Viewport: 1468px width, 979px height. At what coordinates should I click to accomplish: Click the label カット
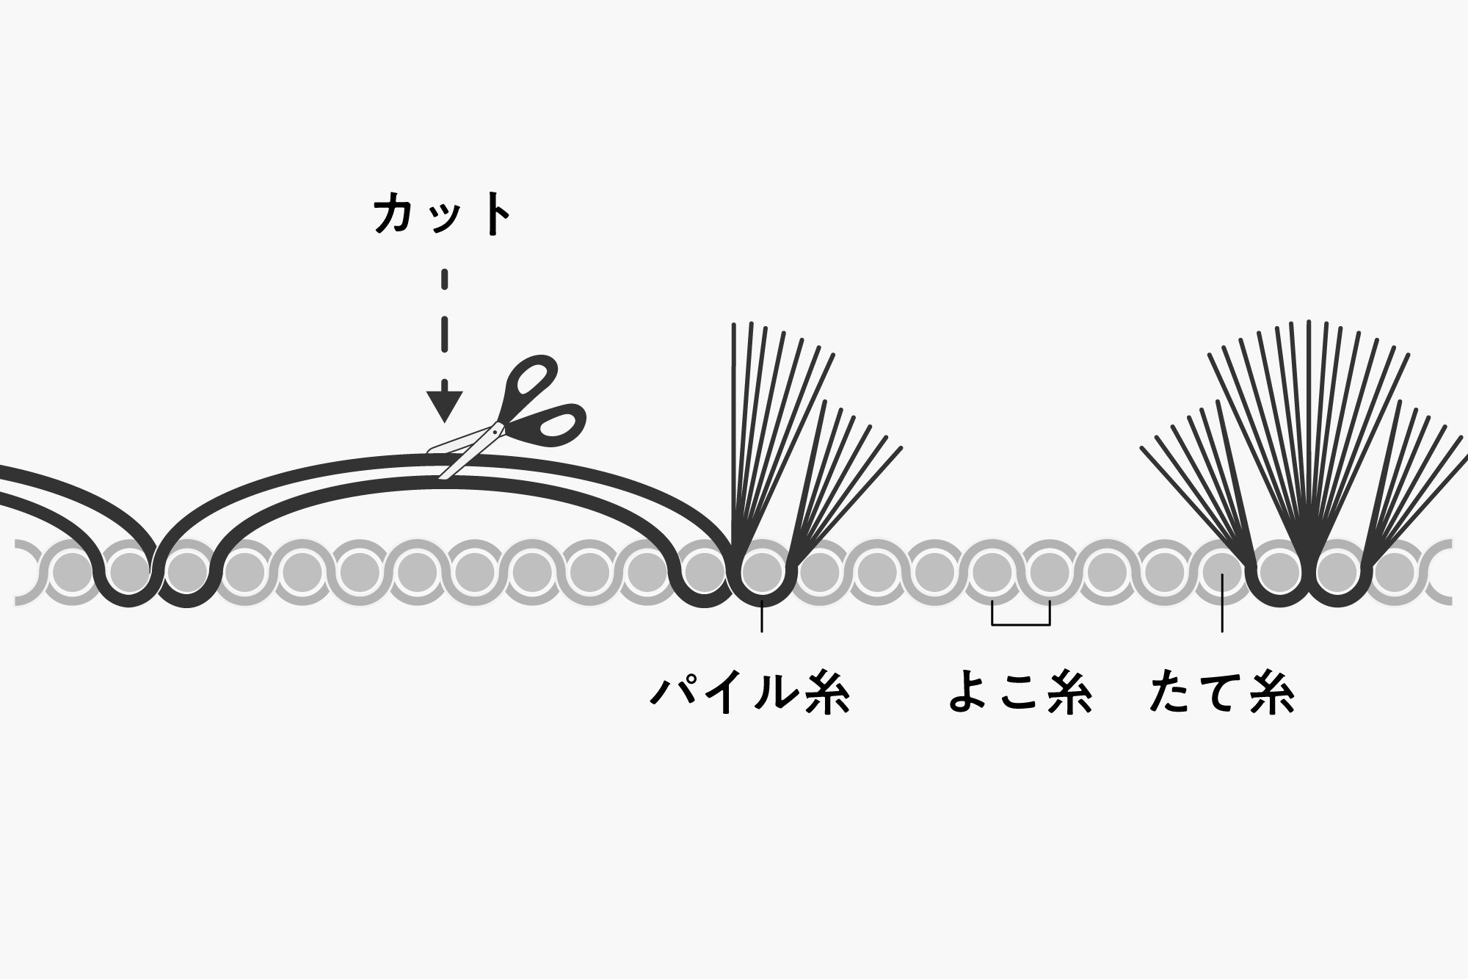(x=443, y=214)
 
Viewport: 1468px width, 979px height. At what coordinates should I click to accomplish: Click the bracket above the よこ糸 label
(x=1021, y=624)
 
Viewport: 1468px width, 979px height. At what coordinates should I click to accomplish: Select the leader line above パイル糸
(x=762, y=615)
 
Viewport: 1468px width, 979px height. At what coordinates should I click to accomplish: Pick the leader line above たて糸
(x=1221, y=603)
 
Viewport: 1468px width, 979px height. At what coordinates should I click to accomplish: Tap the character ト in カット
(x=495, y=214)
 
